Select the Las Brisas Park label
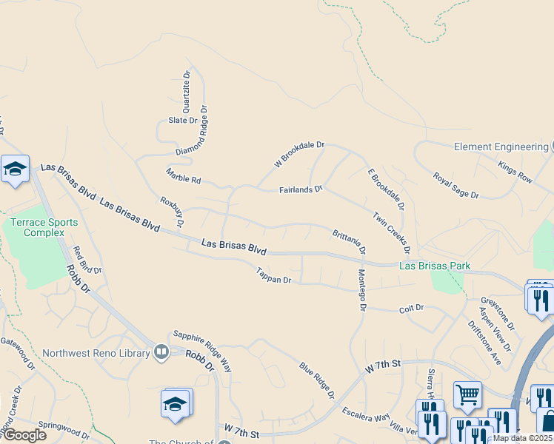click(435, 266)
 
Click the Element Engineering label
click(501, 147)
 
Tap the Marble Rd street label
click(184, 175)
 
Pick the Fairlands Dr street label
click(301, 189)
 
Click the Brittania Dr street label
click(349, 240)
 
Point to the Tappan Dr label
click(274, 276)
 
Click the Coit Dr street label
click(411, 307)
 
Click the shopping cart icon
click(467, 395)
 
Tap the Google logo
click(24, 435)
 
